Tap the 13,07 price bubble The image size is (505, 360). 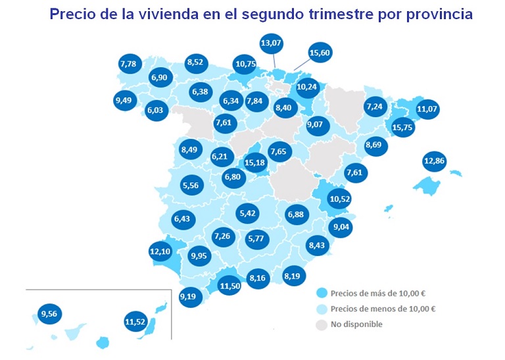pyautogui.click(x=272, y=45)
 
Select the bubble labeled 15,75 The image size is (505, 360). pyautogui.click(x=402, y=128)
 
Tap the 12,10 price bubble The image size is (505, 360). pyautogui.click(x=160, y=251)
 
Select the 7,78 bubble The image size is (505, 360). pyautogui.click(x=128, y=64)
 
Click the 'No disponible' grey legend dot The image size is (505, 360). pyautogui.click(x=321, y=324)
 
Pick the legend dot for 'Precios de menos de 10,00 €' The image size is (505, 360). pyautogui.click(x=321, y=309)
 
